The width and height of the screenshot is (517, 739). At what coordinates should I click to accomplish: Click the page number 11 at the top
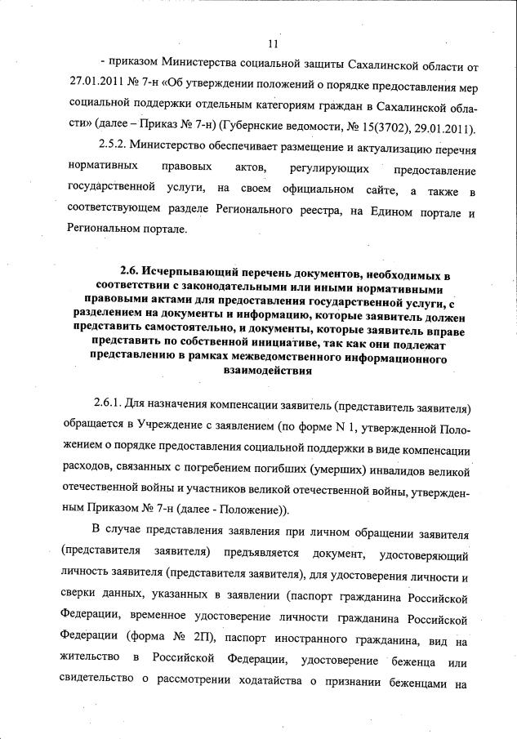(x=273, y=43)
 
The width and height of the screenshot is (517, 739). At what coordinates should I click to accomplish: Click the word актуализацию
(x=386, y=150)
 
